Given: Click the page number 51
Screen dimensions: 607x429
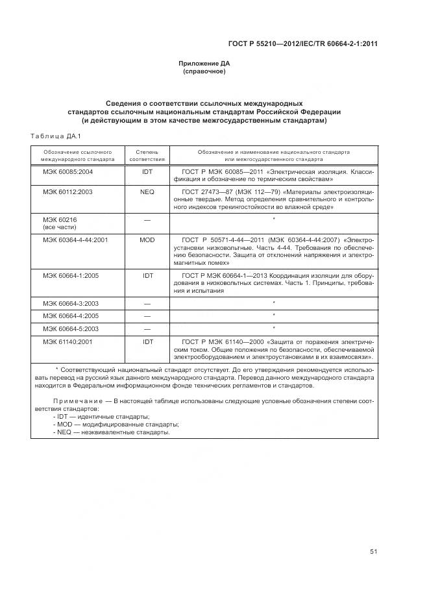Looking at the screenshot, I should click(373, 551).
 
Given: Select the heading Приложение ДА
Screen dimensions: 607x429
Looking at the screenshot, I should click(204, 63).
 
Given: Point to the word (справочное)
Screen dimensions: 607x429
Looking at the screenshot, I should click(204, 71).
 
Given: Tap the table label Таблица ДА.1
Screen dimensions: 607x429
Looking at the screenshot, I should click(55, 135).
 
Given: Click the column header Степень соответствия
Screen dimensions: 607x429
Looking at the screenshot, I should click(147, 155).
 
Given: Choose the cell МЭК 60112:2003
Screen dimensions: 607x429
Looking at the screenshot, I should click(67, 192).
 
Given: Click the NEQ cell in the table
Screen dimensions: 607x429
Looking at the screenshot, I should click(147, 192).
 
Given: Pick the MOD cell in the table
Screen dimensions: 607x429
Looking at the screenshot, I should click(147, 240).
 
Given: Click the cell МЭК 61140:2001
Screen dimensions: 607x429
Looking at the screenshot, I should click(67, 341).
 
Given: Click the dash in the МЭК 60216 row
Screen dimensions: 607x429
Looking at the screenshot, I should click(147, 220).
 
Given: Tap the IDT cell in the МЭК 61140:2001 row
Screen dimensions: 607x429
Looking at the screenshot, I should click(147, 341).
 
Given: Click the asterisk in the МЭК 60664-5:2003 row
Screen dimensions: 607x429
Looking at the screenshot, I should click(274, 328).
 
